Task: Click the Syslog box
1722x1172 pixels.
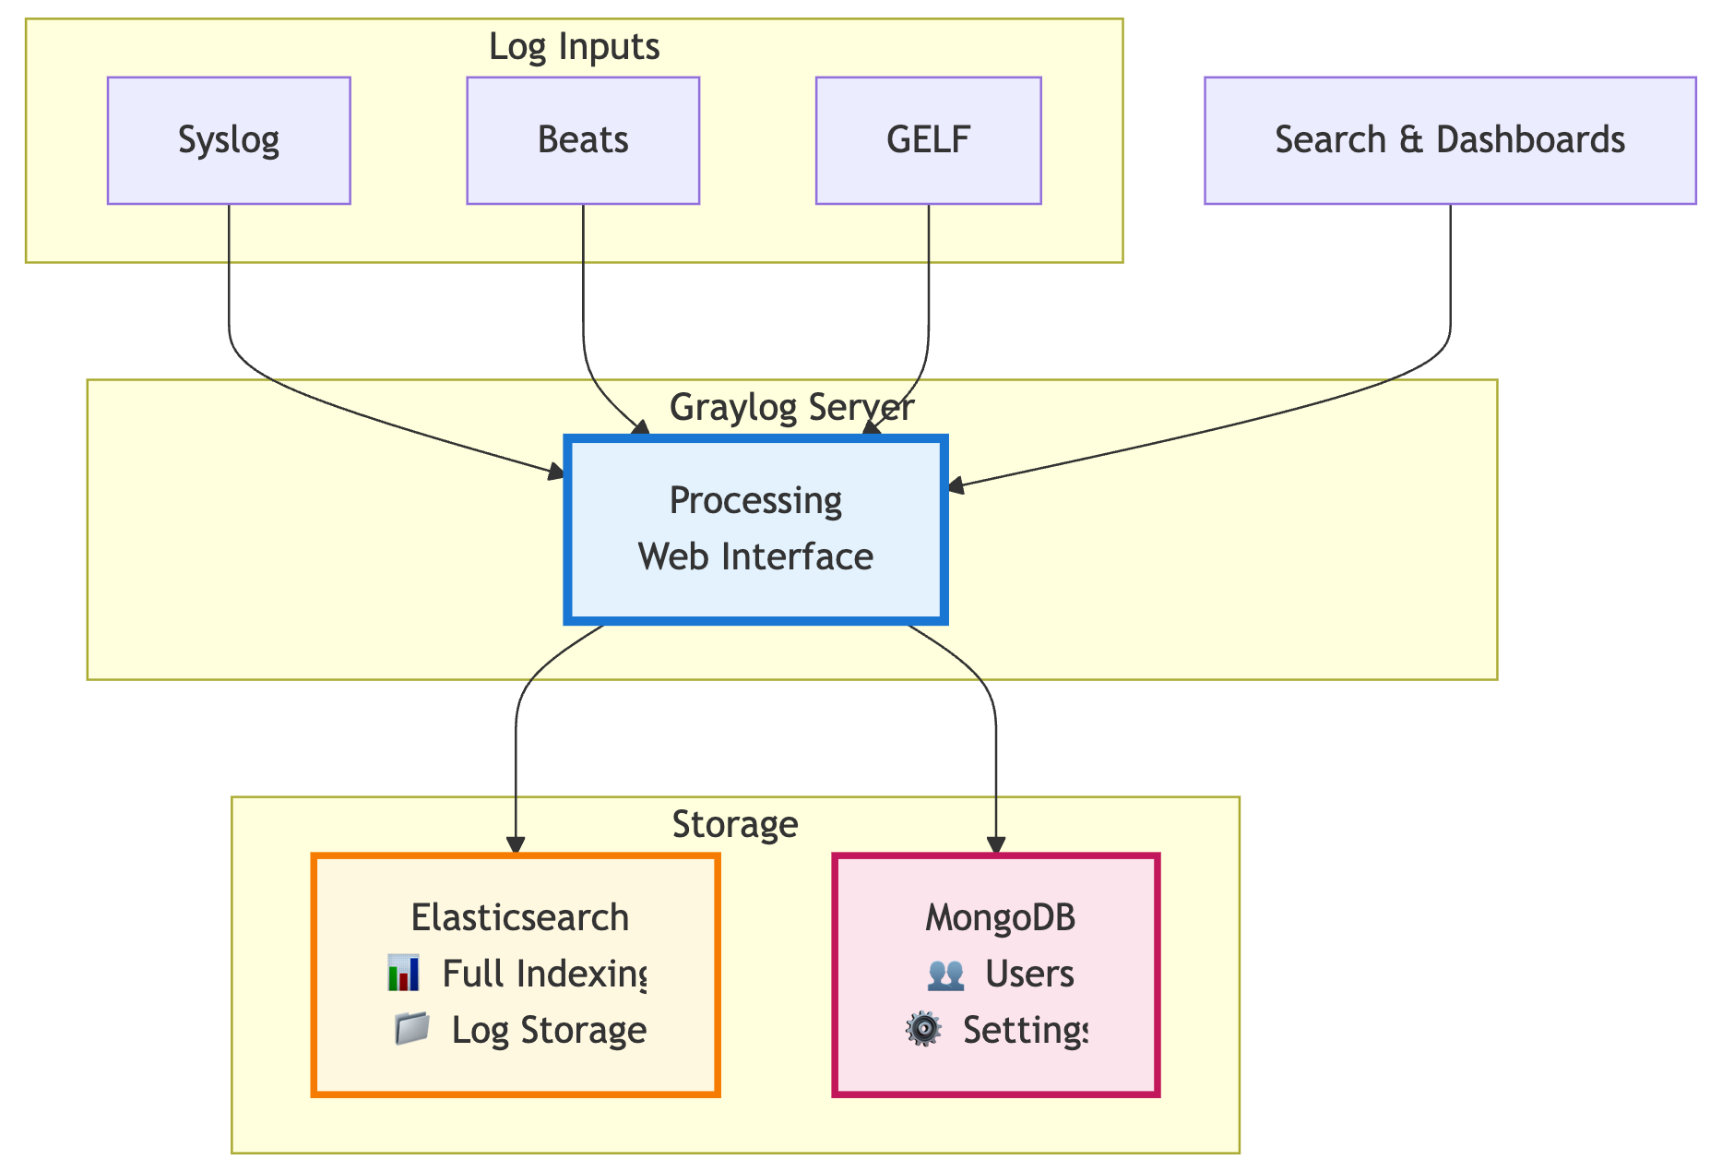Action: click(x=229, y=140)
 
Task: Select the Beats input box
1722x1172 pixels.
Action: click(x=583, y=140)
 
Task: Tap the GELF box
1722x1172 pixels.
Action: click(x=928, y=140)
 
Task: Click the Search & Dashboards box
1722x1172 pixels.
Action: click(x=1449, y=140)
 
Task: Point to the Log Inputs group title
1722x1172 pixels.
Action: click(x=574, y=46)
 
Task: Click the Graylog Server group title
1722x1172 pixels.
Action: click(x=791, y=407)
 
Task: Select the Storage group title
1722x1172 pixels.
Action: click(x=735, y=824)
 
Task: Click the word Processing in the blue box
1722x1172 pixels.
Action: click(x=755, y=500)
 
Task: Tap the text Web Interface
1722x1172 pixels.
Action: click(x=755, y=556)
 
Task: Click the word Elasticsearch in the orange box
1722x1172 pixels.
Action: click(x=519, y=917)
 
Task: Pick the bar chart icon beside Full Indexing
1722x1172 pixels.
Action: click(x=404, y=974)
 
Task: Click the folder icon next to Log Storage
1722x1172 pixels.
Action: click(x=411, y=1029)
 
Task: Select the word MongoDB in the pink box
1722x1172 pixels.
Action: click(x=1000, y=917)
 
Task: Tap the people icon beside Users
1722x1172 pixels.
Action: click(x=945, y=974)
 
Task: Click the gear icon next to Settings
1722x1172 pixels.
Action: click(x=923, y=1029)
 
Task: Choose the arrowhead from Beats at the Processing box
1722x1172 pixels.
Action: click(x=641, y=427)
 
